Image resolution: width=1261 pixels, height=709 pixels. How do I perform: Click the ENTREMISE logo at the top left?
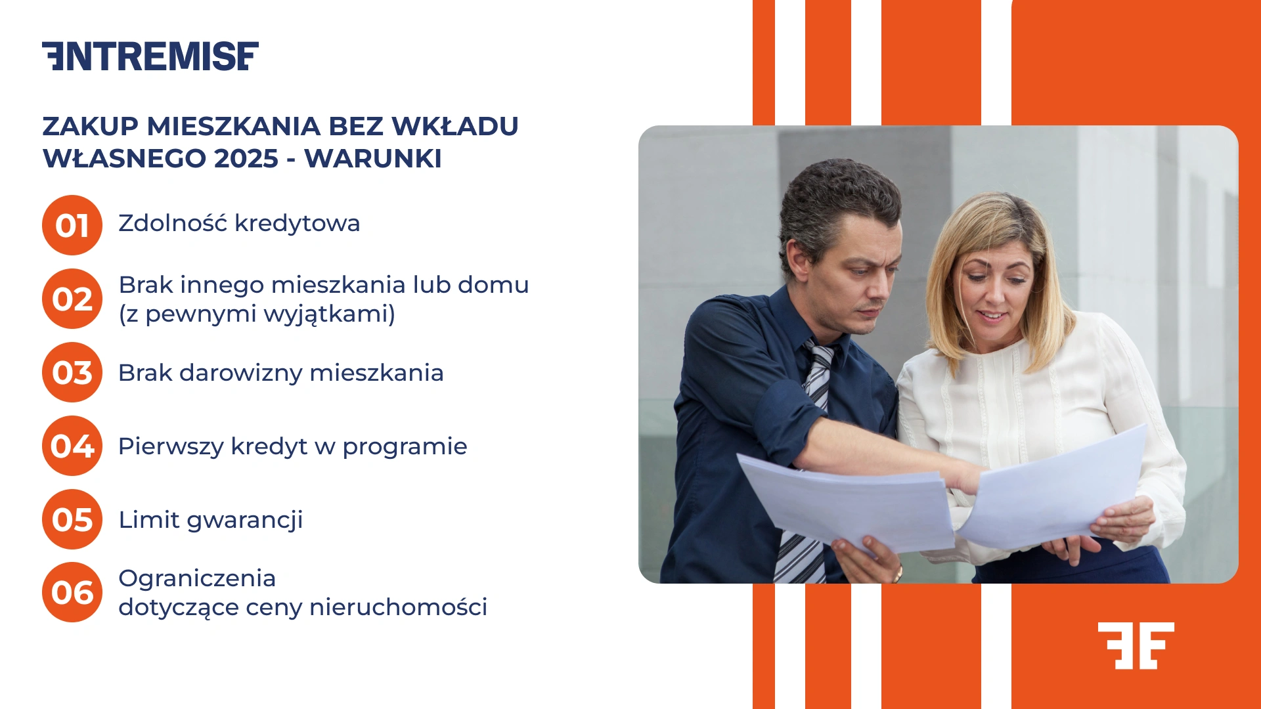point(150,56)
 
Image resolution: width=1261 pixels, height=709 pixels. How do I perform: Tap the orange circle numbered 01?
point(72,225)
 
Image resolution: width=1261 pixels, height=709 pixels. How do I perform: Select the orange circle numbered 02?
point(72,299)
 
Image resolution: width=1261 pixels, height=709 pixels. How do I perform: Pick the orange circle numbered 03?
point(72,372)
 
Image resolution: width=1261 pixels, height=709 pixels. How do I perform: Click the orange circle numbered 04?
point(72,446)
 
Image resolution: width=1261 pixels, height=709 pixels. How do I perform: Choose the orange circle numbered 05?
point(72,519)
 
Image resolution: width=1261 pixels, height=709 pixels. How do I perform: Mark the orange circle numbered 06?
point(72,592)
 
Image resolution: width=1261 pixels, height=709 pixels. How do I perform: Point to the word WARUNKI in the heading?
point(372,159)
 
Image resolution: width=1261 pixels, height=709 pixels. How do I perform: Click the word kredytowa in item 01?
point(297,224)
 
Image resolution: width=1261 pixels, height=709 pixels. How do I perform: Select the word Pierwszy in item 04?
point(171,447)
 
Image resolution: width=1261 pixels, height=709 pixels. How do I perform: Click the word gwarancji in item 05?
point(245,521)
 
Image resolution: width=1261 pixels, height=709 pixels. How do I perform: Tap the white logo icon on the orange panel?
point(1136,645)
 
